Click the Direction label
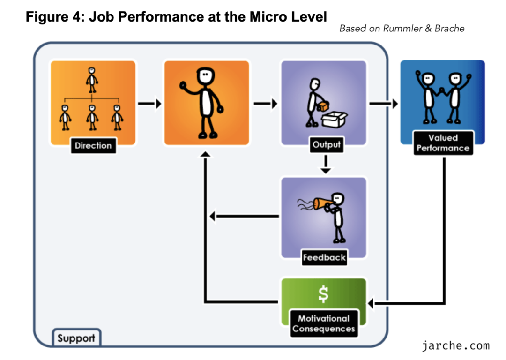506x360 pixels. [x=93, y=146]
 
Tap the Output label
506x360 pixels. [x=327, y=145]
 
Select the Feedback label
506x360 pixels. [x=324, y=257]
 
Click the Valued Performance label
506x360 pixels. [x=443, y=143]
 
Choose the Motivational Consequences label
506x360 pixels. [x=324, y=323]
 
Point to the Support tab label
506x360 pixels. [x=76, y=338]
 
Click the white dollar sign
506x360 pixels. [x=323, y=294]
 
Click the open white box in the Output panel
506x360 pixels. [x=335, y=119]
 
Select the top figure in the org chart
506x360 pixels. [x=92, y=80]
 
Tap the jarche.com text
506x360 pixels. [x=455, y=346]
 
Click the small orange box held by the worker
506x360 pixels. [x=323, y=107]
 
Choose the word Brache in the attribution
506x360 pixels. [x=450, y=29]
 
